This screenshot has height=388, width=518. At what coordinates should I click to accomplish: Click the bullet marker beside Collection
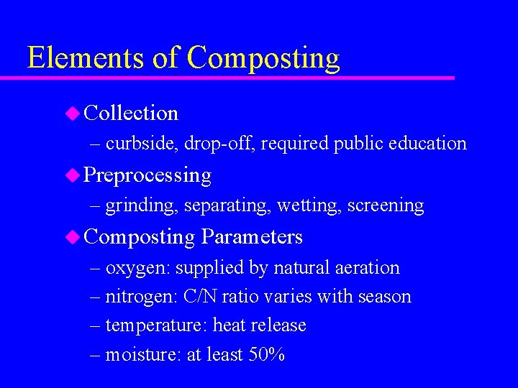point(72,112)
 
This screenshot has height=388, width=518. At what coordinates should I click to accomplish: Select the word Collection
point(131,113)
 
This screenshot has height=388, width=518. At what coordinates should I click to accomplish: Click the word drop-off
point(219,143)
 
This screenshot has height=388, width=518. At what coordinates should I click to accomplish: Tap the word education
point(427,143)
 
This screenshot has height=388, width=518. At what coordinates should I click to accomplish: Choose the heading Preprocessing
point(147,175)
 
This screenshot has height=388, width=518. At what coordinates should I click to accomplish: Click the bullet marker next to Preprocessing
point(72,175)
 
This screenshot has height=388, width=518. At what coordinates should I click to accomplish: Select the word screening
point(386,205)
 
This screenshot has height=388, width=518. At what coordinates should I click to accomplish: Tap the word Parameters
point(252,236)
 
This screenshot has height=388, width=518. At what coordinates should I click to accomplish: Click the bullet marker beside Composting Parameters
point(72,236)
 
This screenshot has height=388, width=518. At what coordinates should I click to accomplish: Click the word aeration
point(367,268)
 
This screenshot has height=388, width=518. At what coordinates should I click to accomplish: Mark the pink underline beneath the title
point(237,77)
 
